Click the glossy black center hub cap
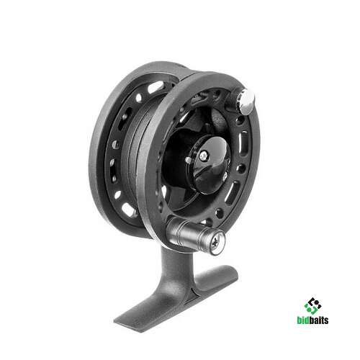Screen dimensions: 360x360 tap(211, 164)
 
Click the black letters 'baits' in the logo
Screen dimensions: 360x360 tap(319, 320)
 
